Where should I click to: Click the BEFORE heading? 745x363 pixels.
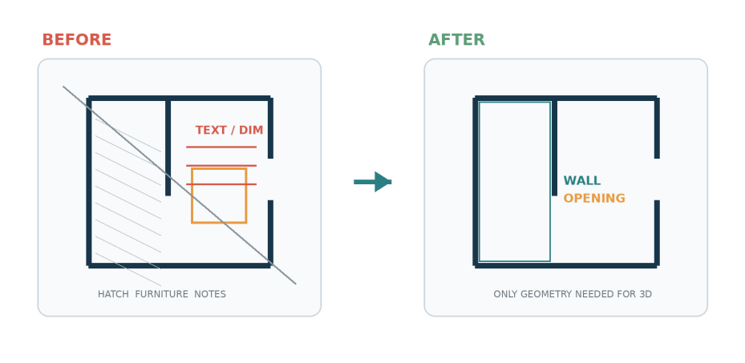point(76,40)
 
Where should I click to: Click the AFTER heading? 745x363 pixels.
point(456,40)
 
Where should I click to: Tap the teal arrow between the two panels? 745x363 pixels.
point(372,182)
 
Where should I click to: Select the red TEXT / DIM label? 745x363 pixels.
point(229,130)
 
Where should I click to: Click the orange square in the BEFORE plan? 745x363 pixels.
point(192,196)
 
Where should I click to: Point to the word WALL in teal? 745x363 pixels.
point(582,181)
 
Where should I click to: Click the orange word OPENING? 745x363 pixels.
point(594,199)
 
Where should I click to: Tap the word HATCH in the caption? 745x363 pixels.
point(113,294)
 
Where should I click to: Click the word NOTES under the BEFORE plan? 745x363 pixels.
point(210,294)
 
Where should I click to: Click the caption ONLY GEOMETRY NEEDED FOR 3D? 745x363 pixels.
point(573,294)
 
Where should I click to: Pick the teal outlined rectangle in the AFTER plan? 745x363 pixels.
point(480,181)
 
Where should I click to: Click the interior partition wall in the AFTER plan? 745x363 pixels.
point(554,147)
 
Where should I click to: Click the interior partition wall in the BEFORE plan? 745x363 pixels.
point(168,147)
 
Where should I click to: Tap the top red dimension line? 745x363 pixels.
point(221,147)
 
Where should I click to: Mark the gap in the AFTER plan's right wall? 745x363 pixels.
point(657,179)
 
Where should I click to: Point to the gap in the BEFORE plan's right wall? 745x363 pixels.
point(270,179)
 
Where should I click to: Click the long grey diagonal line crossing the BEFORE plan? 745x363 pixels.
point(179,185)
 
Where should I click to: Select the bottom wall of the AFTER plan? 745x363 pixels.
point(566,266)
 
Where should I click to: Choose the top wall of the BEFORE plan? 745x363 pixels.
point(179,99)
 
